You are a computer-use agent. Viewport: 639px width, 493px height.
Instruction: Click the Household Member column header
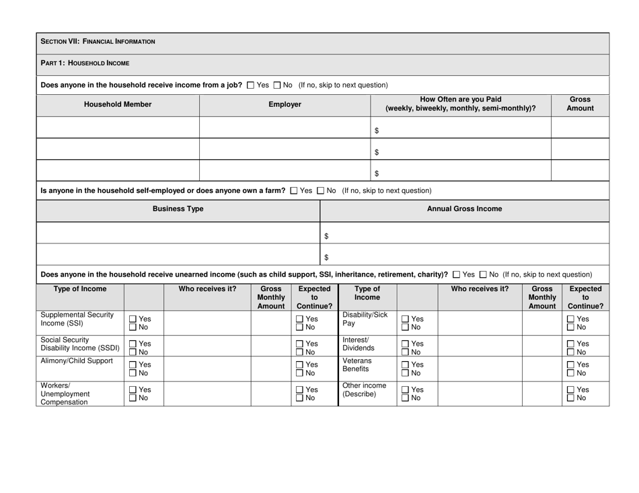click(118, 105)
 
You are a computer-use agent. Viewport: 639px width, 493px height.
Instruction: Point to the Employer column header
click(285, 105)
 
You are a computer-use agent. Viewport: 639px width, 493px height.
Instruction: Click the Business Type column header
click(178, 209)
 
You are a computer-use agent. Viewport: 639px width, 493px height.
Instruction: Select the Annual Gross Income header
click(465, 209)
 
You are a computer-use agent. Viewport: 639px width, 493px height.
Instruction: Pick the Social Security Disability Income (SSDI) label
click(80, 344)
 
